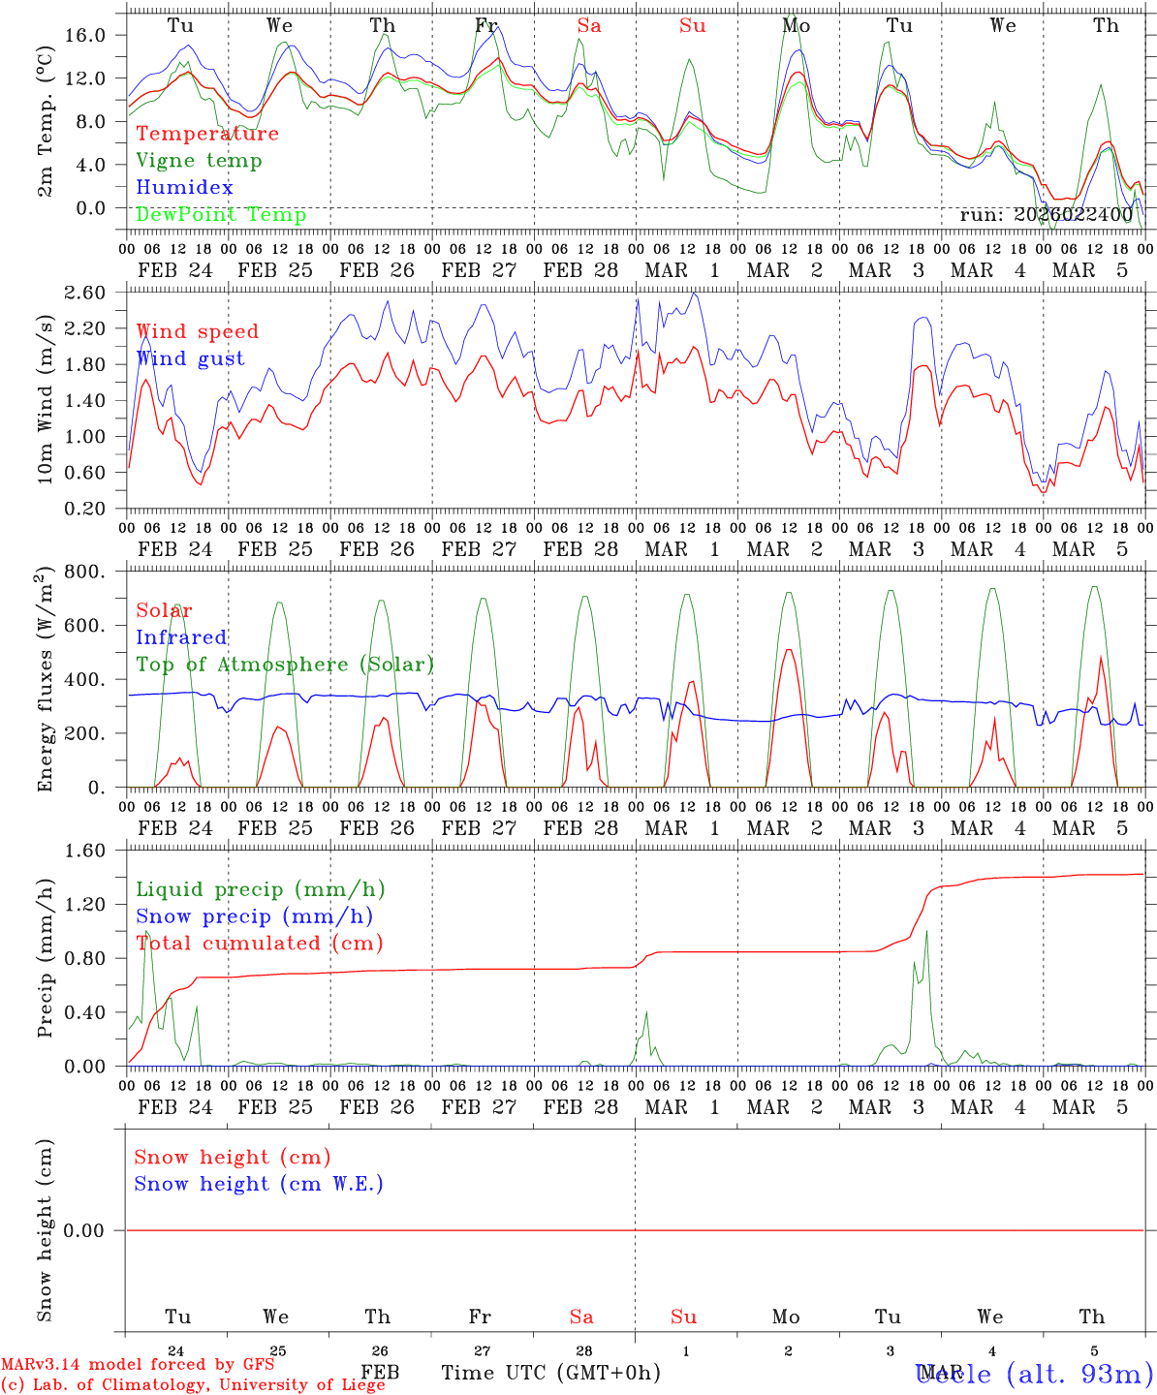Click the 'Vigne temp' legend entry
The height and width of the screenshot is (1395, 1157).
tap(199, 161)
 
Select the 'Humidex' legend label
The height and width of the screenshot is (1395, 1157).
tap(184, 188)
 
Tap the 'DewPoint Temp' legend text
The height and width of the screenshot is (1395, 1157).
tap(221, 215)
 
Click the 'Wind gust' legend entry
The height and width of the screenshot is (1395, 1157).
tap(190, 359)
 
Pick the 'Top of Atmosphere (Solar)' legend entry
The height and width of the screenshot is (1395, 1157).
tap(285, 665)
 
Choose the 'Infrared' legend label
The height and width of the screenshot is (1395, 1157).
tap(181, 637)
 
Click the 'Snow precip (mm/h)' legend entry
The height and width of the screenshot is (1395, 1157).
tap(254, 916)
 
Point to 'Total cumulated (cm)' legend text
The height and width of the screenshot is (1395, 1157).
tap(259, 944)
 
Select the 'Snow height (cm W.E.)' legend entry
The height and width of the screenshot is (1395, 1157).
tap(259, 1184)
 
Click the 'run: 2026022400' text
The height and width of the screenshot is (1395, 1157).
tap(1046, 215)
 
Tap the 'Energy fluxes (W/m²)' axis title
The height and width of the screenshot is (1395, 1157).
tap(45, 680)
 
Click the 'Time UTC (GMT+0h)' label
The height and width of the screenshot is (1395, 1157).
tap(551, 1373)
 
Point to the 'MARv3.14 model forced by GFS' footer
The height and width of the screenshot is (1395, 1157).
tap(138, 1365)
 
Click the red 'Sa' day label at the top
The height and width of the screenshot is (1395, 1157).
tap(589, 26)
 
